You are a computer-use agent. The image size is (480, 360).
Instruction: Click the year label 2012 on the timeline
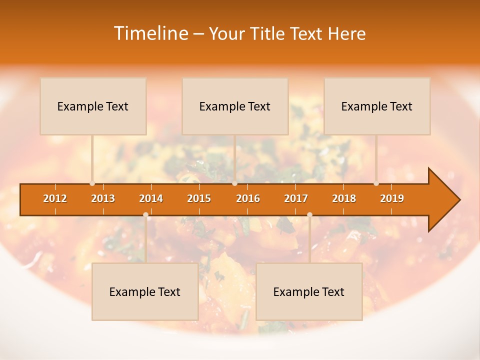55,198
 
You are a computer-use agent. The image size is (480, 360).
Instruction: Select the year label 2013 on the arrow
103,198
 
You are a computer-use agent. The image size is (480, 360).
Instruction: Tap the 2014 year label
151,198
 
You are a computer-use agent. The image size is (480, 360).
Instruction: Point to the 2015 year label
199,198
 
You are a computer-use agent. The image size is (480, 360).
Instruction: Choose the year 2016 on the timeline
248,198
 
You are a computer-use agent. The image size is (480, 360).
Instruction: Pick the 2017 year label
296,198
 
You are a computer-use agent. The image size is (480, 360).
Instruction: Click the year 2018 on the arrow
344,198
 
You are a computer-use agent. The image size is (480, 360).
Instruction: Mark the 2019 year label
392,198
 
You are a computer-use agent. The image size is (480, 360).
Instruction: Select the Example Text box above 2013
93,106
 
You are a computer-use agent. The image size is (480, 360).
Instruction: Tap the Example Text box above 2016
235,106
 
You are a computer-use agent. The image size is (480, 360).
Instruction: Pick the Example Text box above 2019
377,106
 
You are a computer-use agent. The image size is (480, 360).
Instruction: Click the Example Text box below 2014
145,292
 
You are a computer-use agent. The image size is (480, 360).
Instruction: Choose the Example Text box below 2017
309,292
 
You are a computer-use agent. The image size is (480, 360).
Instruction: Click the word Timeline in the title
151,33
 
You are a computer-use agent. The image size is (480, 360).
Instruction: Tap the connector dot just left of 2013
92,183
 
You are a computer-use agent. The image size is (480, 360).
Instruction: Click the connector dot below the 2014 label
145,214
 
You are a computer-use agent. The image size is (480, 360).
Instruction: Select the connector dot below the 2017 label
309,214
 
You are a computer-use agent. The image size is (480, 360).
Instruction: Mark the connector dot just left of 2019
376,183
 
